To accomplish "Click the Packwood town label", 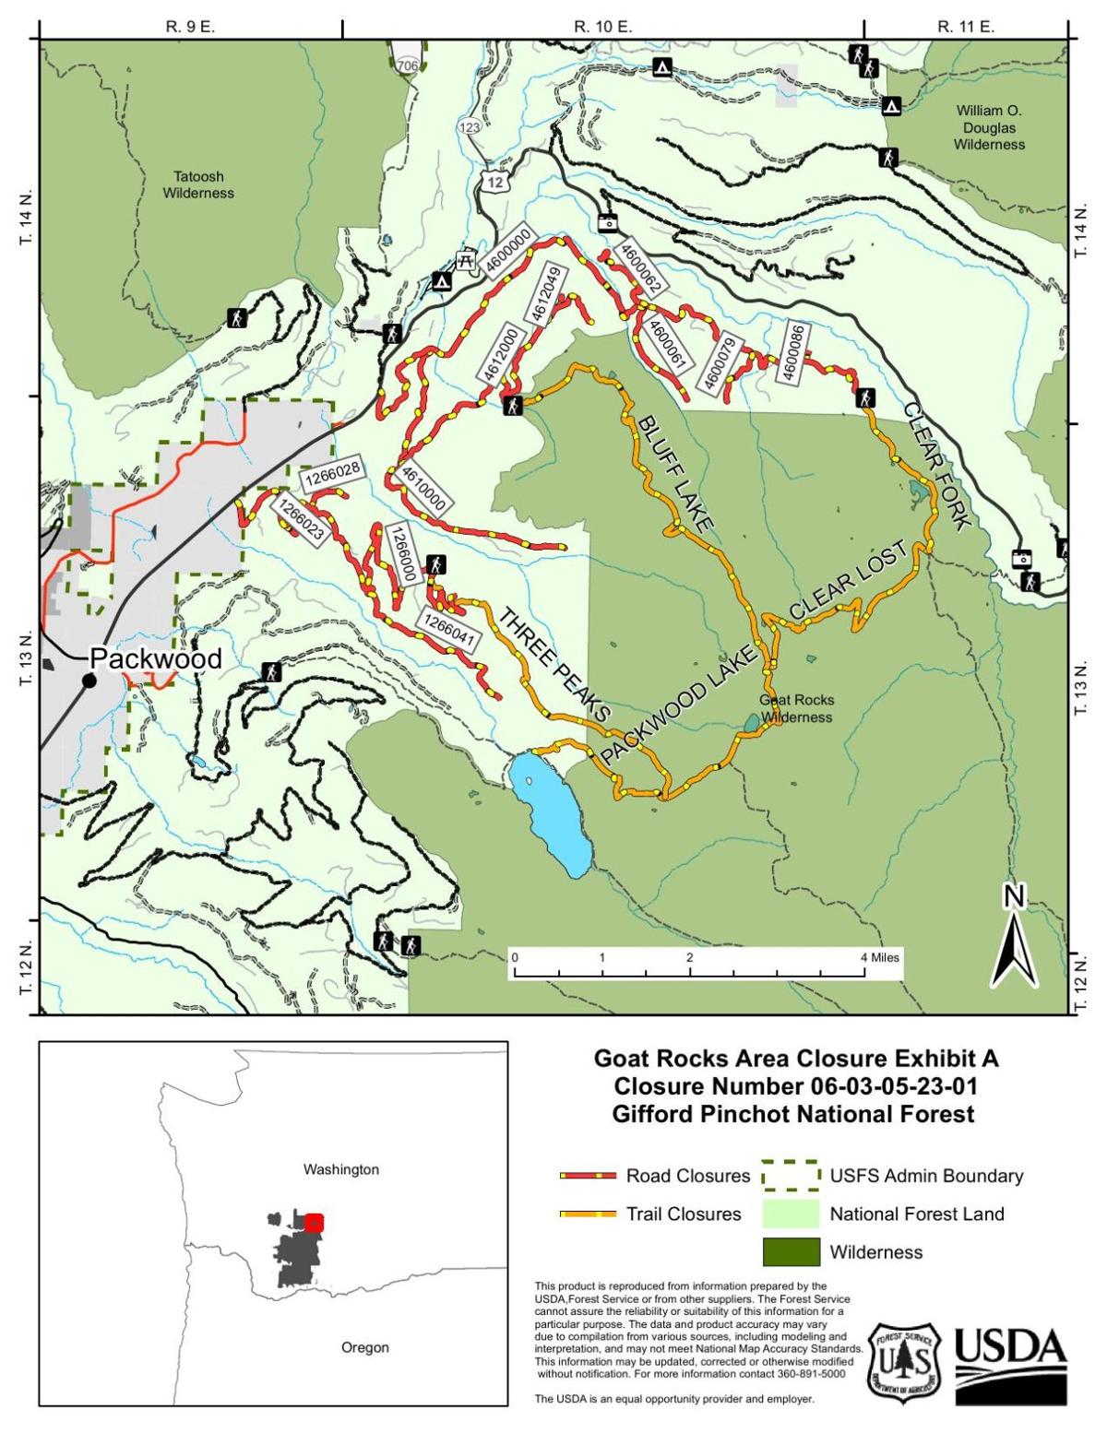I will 155,658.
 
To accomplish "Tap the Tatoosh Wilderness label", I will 198,184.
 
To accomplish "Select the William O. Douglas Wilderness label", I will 989,127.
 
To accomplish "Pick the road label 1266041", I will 451,632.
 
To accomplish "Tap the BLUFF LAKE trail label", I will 675,474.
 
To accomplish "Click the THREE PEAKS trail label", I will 554,663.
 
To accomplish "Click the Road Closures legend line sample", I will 587,1176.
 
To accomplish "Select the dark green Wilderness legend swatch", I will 791,1252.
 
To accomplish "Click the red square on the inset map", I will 314,1223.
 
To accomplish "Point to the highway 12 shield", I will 496,183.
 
